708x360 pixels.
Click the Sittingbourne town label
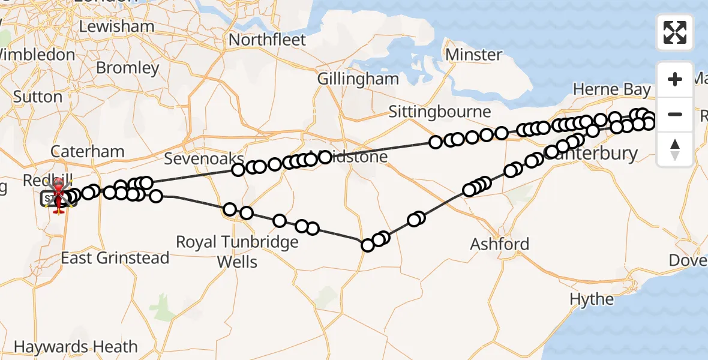pyautogui.click(x=439, y=112)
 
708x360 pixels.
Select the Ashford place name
pyautogui.click(x=500, y=244)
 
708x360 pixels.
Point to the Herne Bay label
pyautogui.click(x=611, y=90)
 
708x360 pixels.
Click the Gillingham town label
pyautogui.click(x=358, y=79)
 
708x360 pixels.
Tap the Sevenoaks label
pyautogui.click(x=204, y=159)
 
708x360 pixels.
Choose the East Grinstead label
pyautogui.click(x=115, y=258)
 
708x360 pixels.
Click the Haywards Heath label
pyautogui.click(x=76, y=347)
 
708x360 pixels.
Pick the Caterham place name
pyautogui.click(x=88, y=151)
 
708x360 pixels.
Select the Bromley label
pyautogui.click(x=127, y=68)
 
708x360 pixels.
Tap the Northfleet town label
pyautogui.click(x=268, y=40)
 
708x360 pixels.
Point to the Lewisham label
pyautogui.click(x=116, y=26)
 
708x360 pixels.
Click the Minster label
pyautogui.click(x=475, y=55)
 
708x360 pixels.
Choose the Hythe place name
pyautogui.click(x=592, y=299)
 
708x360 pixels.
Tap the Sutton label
pyautogui.click(x=37, y=97)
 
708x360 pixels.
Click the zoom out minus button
pyautogui.click(x=675, y=114)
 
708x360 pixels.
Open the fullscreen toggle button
pyautogui.click(x=675, y=32)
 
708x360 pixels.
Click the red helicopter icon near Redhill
pyautogui.click(x=58, y=194)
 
